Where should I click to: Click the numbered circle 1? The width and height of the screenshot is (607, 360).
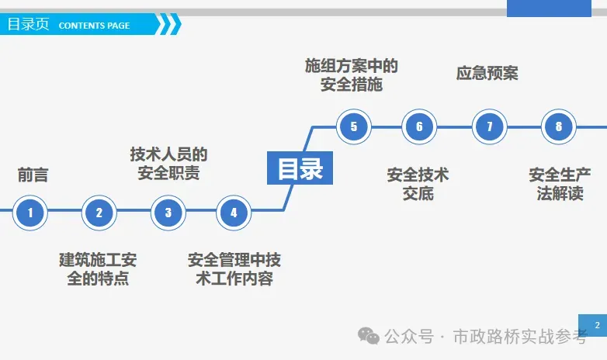pyautogui.click(x=30, y=212)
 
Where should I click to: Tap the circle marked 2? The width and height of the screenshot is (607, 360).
pyautogui.click(x=99, y=212)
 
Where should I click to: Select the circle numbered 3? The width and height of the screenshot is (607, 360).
pyautogui.click(x=168, y=212)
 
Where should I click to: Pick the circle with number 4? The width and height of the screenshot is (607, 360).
pyautogui.click(x=234, y=212)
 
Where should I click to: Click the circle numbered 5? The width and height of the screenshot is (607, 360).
pyautogui.click(x=354, y=126)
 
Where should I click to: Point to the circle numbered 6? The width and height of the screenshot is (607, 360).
pyautogui.click(x=419, y=126)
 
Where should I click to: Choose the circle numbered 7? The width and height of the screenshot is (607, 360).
pyautogui.click(x=489, y=126)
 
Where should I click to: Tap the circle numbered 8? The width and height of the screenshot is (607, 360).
pyautogui.click(x=559, y=126)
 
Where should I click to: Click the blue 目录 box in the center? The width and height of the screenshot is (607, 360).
pyautogui.click(x=300, y=168)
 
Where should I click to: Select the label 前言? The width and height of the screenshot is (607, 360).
pyautogui.click(x=33, y=175)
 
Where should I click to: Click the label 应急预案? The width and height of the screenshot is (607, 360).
pyautogui.click(x=487, y=74)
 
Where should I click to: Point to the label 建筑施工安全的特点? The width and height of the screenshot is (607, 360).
pyautogui.click(x=98, y=268)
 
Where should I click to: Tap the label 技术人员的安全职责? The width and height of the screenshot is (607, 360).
pyautogui.click(x=168, y=164)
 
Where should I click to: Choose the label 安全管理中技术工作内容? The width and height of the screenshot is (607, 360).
pyautogui.click(x=234, y=268)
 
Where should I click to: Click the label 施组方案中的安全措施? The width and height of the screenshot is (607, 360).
pyautogui.click(x=352, y=75)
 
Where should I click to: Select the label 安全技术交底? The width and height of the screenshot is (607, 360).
pyautogui.click(x=418, y=184)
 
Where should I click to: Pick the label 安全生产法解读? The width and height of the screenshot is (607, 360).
pyautogui.click(x=560, y=184)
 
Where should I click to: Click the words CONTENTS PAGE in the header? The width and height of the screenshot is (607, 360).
pyautogui.click(x=94, y=26)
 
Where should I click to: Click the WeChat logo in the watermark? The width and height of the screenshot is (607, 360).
pyautogui.click(x=369, y=335)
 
